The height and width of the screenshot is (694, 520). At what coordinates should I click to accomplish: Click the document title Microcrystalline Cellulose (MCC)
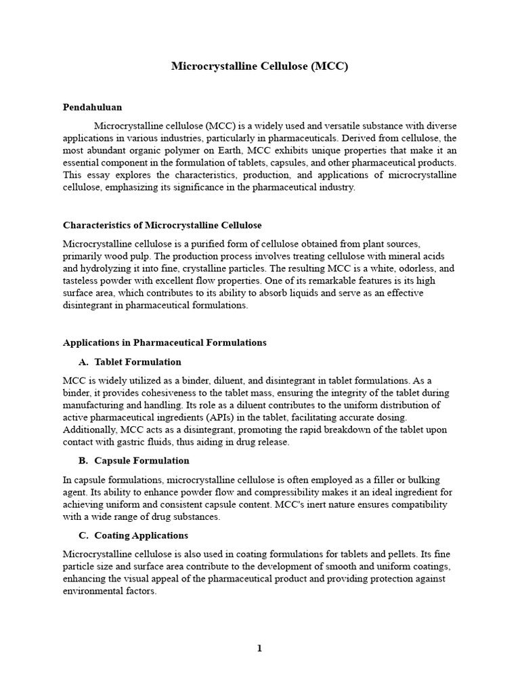(259, 66)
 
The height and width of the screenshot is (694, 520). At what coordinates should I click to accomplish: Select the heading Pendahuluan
(93, 107)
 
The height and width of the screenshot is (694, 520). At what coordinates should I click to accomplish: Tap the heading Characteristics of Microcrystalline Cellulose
(162, 225)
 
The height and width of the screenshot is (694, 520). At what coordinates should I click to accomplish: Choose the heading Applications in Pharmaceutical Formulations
(165, 343)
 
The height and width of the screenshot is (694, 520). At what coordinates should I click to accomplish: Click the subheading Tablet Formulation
(137, 362)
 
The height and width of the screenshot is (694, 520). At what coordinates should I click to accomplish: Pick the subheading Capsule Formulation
(142, 461)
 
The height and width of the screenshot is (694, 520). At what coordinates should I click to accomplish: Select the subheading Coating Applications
(141, 535)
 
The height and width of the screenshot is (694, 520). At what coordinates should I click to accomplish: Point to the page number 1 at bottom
(259, 649)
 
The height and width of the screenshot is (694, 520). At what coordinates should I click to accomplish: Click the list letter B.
(83, 461)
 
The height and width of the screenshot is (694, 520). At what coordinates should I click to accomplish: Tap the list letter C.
(83, 535)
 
